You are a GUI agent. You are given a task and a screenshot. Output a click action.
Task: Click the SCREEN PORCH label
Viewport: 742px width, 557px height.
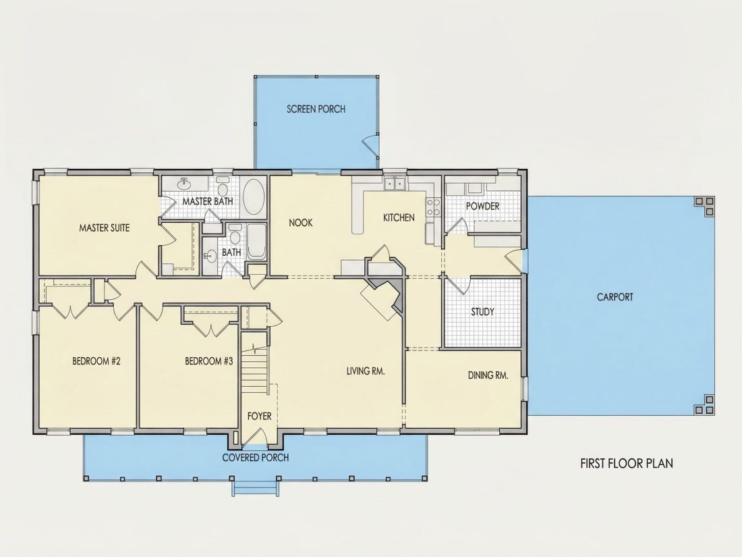pyautogui.click(x=316, y=109)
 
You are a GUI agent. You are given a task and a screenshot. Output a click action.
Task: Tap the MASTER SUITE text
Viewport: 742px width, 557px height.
pyautogui.click(x=104, y=228)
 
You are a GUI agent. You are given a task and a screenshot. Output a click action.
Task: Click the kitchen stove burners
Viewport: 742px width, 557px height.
pyautogui.click(x=434, y=207)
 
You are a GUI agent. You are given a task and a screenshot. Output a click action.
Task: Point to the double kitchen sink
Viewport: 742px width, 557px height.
pyautogui.click(x=394, y=183)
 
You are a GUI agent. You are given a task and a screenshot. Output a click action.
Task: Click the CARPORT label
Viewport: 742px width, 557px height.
pyautogui.click(x=615, y=297)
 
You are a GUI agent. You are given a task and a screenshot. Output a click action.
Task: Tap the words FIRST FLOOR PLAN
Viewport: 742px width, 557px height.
pyautogui.click(x=627, y=463)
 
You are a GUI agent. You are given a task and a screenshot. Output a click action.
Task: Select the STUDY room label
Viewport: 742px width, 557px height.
pyautogui.click(x=483, y=312)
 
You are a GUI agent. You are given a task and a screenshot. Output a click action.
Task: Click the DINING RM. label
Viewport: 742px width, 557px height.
pyautogui.click(x=488, y=375)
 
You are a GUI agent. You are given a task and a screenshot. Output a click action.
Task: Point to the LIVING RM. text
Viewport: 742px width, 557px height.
pyautogui.click(x=366, y=371)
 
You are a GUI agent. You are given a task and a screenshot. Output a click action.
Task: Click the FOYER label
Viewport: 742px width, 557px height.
pyautogui.click(x=259, y=416)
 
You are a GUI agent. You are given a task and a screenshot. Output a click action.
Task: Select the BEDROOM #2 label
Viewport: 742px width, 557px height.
pyautogui.click(x=96, y=361)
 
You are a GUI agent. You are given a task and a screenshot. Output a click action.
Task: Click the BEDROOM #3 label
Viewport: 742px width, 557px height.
pyautogui.click(x=208, y=361)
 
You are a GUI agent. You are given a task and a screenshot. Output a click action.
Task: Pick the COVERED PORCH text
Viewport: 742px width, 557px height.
pyautogui.click(x=256, y=458)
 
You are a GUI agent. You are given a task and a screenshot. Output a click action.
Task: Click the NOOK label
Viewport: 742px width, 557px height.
pyautogui.click(x=300, y=222)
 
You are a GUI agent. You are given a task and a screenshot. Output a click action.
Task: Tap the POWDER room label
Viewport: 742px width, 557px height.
pyautogui.click(x=483, y=206)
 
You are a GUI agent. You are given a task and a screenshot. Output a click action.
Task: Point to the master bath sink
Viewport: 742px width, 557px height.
pyautogui.click(x=185, y=183)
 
